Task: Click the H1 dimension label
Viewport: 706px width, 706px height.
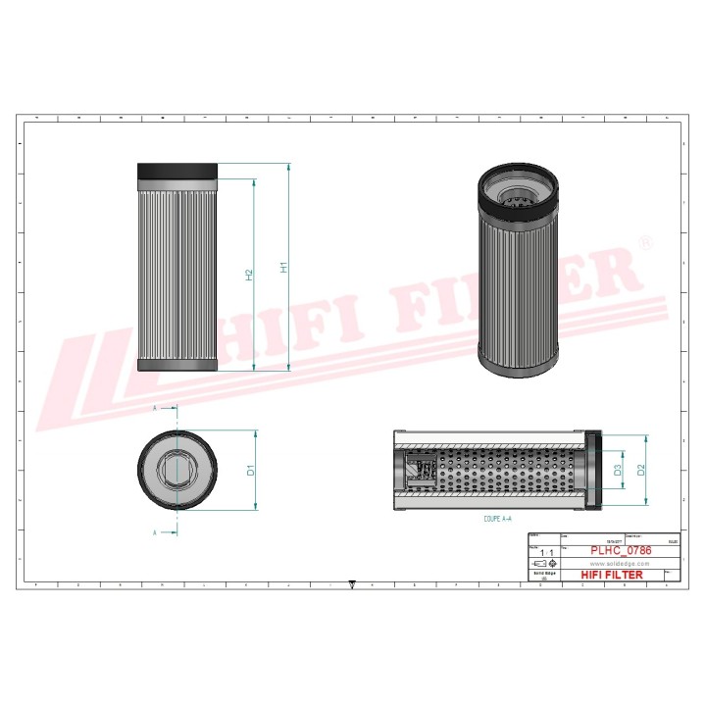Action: [282, 267]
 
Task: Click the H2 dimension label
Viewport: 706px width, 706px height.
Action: [249, 276]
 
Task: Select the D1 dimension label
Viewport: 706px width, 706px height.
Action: [250, 470]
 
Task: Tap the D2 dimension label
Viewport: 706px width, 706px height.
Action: [641, 470]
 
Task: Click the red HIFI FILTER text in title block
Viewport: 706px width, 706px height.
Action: [613, 575]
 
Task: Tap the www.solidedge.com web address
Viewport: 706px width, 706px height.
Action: [613, 564]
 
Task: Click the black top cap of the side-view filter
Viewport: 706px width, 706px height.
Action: [177, 171]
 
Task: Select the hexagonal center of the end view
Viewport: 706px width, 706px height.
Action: [176, 470]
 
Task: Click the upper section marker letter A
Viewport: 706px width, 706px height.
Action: [154, 407]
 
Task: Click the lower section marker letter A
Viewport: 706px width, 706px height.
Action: [154, 532]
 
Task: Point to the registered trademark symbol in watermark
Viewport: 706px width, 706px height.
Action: [644, 241]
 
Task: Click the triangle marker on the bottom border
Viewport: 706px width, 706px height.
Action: [352, 584]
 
